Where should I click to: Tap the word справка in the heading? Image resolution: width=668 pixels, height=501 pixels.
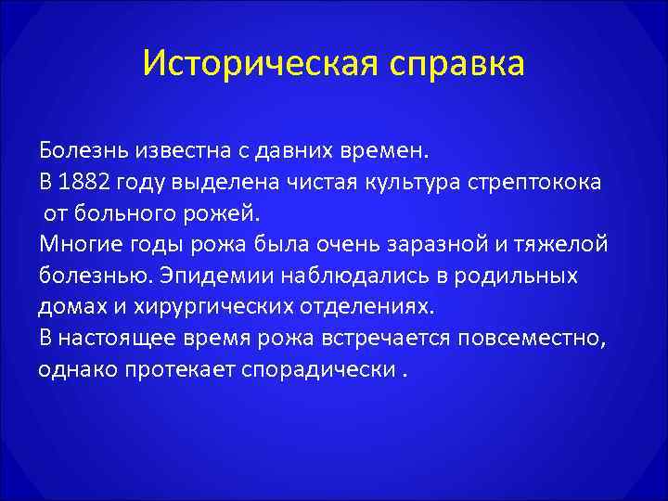point(453,65)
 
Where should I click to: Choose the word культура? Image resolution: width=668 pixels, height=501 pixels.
point(416,181)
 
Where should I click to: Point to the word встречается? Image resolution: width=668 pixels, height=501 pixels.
point(380,338)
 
